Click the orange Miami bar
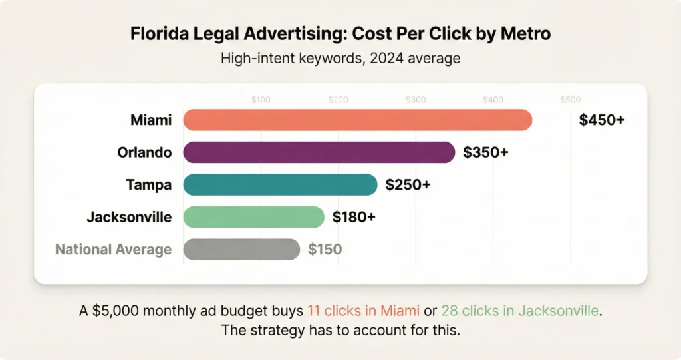coord(358,120)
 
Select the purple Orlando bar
coord(319,152)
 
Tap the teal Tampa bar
coord(280,184)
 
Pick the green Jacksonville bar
coord(253,217)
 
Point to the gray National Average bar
coord(241,250)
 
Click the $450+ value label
coord(602,120)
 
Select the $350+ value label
coord(485,152)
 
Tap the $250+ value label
coord(408,184)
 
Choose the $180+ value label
coord(354,217)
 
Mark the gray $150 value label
coord(325,250)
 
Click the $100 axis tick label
coord(261,100)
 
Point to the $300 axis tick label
coord(416,100)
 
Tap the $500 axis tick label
coord(570,100)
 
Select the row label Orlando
coord(144,152)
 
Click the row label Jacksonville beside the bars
coord(129,217)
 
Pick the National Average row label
coord(113,250)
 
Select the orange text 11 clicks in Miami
coord(363,309)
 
